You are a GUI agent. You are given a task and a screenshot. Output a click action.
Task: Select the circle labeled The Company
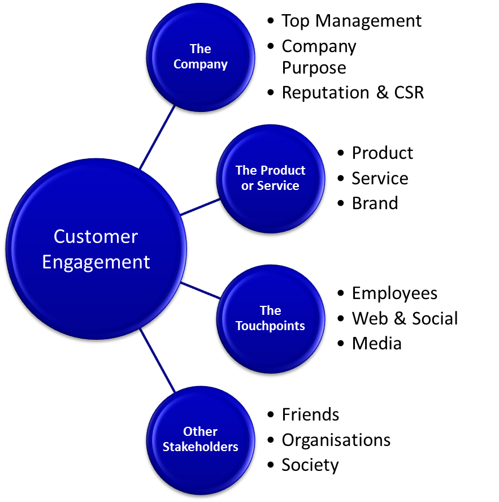pos(200,57)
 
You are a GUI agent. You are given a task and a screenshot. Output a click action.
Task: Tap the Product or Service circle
pos(270,178)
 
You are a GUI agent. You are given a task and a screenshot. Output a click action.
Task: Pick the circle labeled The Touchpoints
pos(270,318)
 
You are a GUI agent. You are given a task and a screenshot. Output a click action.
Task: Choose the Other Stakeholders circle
pos(200,439)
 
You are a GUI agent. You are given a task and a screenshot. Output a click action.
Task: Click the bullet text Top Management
pos(351,21)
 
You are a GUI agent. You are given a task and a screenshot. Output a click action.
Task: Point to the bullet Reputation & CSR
pos(353,93)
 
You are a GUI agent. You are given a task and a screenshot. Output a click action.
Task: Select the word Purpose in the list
pos(314,68)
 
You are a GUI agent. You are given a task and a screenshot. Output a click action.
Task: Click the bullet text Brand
pos(375,203)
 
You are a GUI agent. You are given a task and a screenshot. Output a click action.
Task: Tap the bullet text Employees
pos(394,293)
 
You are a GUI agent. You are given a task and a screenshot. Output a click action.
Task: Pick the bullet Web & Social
pos(405,318)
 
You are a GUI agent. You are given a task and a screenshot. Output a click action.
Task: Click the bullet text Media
pos(376,343)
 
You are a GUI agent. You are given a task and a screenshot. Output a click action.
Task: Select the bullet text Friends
pos(310,415)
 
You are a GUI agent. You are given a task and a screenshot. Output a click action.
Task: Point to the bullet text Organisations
pos(336,440)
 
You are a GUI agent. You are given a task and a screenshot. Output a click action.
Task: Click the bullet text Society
pos(310,465)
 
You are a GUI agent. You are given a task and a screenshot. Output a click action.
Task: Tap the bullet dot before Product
pos(341,153)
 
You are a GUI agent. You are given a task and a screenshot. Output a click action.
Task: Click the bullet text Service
pos(380,178)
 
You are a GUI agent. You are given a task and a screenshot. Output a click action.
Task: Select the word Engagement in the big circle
pos(96,262)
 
